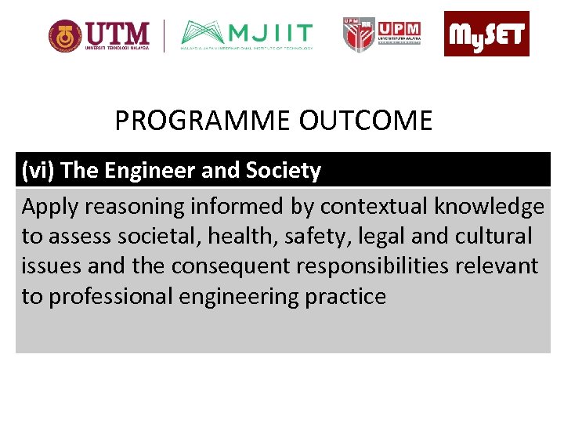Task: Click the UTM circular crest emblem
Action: coord(64,36)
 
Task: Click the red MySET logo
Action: coord(486,34)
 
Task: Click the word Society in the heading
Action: coord(282,170)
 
